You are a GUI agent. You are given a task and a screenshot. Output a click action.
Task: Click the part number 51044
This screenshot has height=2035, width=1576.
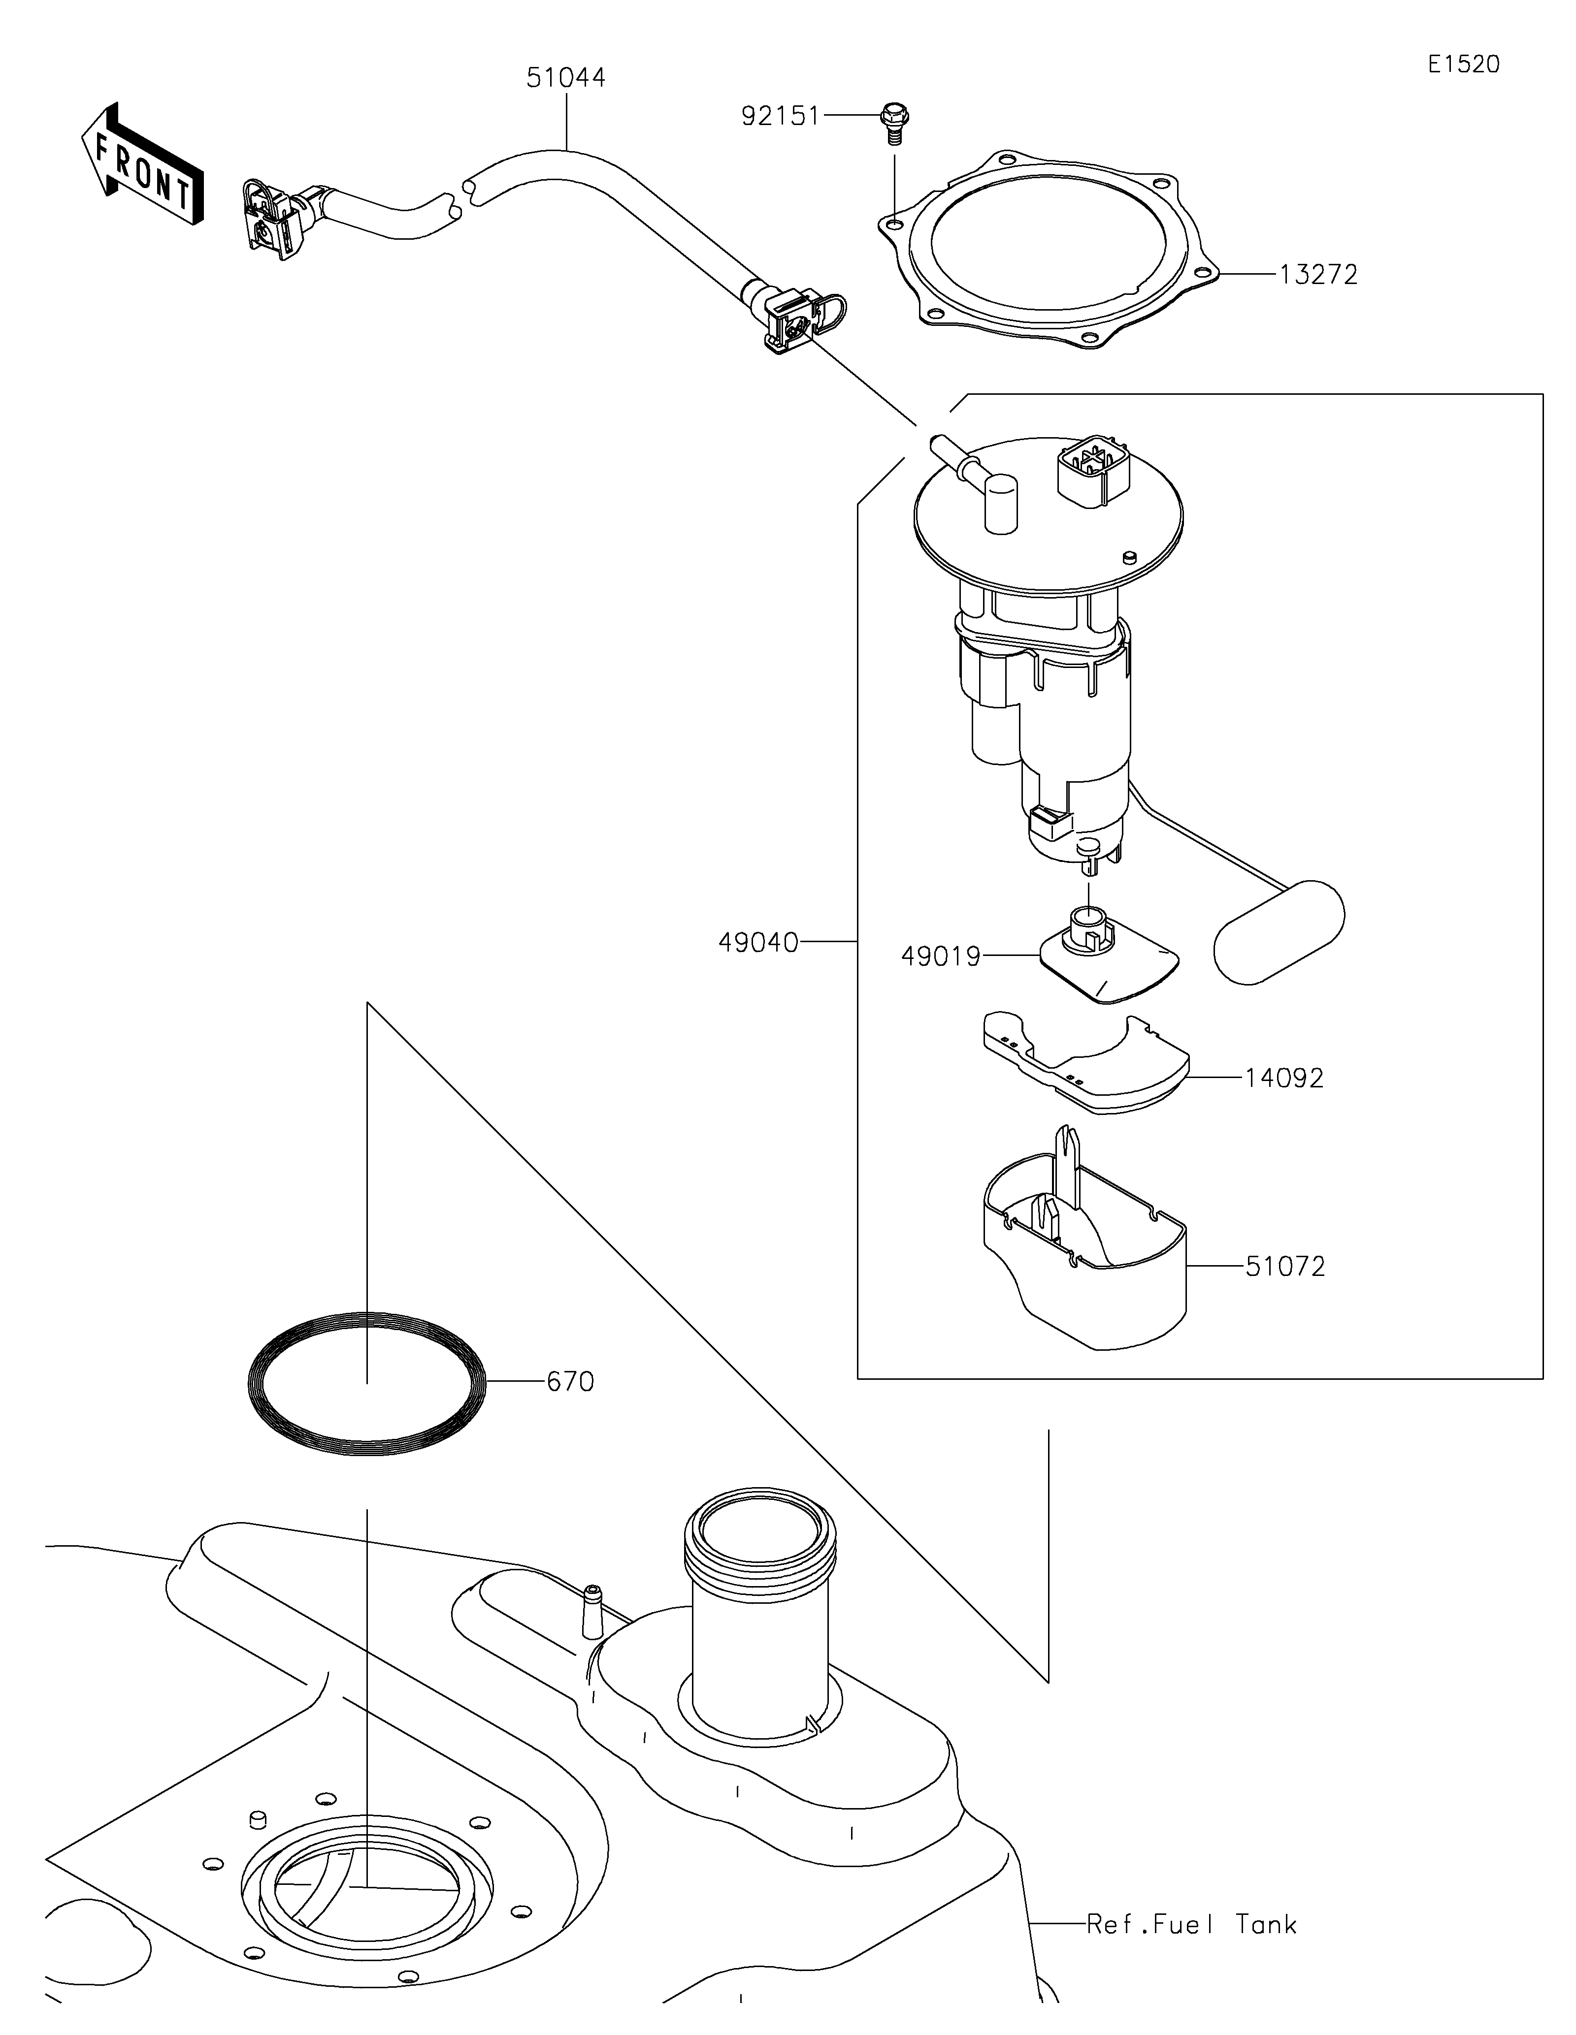566,78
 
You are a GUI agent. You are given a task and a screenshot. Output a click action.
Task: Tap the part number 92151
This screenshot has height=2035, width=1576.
780,117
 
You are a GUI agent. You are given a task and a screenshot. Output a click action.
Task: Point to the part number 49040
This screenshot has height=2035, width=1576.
757,943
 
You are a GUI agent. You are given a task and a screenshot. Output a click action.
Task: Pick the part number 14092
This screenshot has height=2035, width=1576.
1284,1078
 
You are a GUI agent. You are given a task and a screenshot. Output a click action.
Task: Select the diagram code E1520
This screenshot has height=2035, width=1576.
1463,64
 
